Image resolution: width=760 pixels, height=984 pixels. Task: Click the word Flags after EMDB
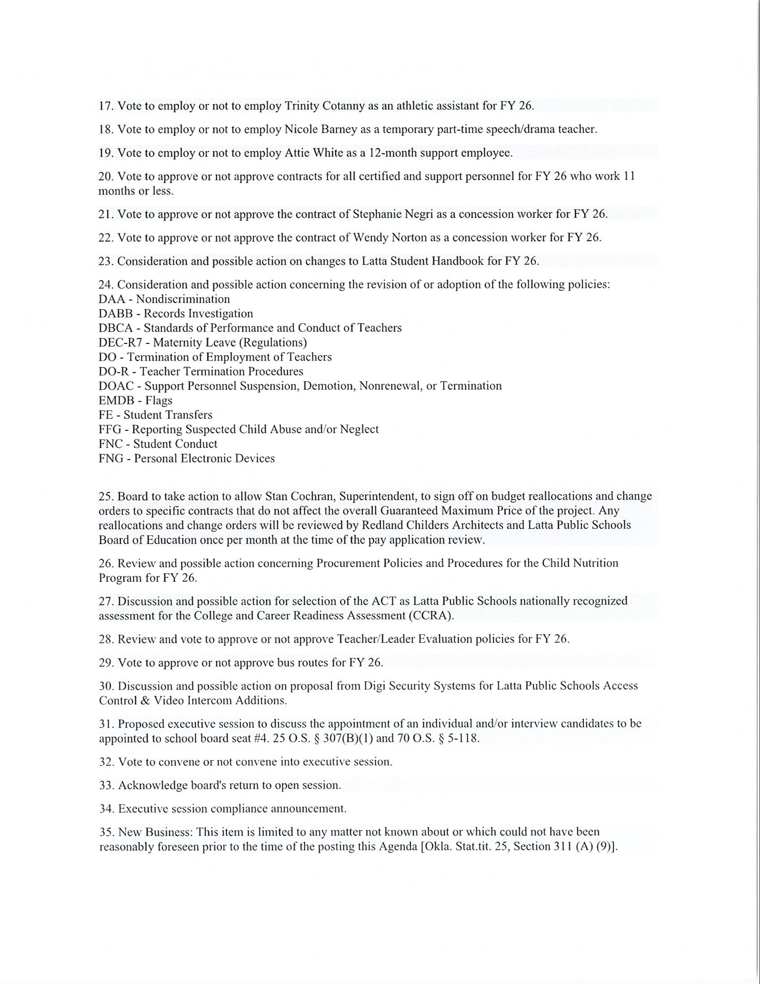[158, 400]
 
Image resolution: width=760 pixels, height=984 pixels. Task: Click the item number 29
[105, 662]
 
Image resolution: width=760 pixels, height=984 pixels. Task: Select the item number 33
[105, 785]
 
